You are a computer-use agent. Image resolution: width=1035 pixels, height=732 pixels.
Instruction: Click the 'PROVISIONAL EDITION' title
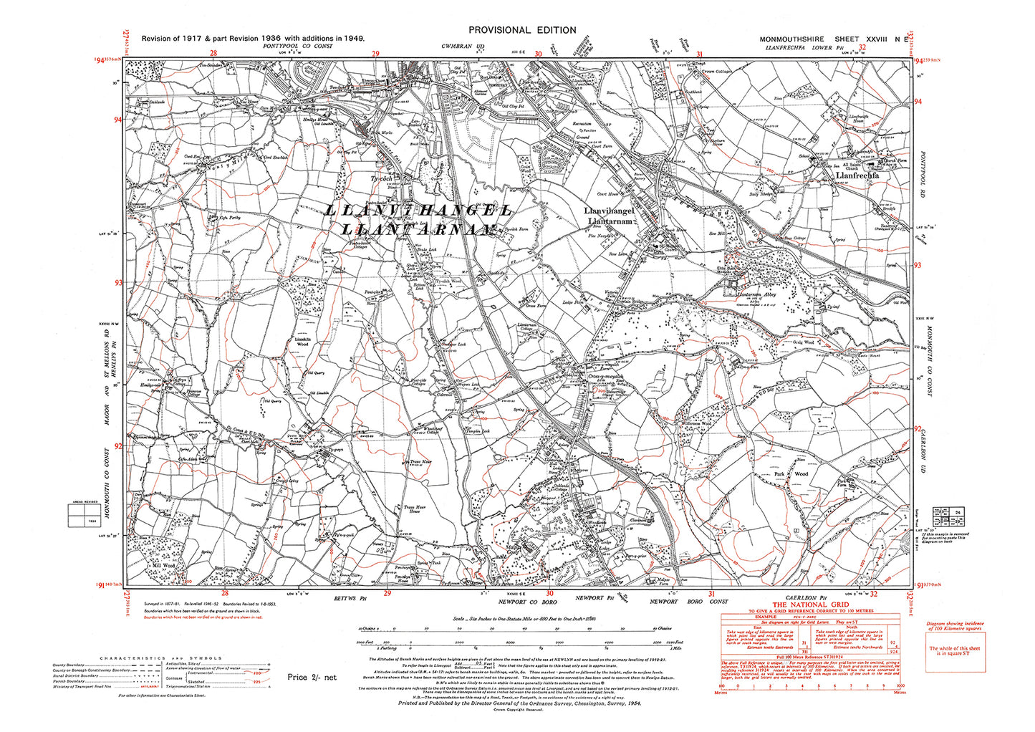[x=521, y=30]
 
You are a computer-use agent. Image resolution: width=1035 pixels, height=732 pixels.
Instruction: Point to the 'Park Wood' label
[x=790, y=474]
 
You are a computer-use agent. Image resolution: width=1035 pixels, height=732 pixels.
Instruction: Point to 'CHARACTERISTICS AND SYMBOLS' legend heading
[x=161, y=658]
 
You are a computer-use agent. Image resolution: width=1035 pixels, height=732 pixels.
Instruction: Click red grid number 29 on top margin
[x=375, y=54]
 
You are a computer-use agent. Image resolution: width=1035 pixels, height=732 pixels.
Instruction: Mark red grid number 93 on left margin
[x=117, y=283]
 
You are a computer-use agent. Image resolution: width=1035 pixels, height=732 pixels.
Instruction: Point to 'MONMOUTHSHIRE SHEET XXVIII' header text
[x=820, y=39]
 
